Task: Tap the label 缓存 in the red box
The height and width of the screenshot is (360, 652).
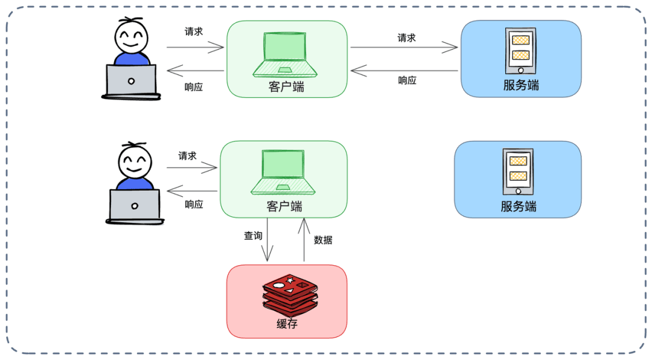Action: tap(287, 325)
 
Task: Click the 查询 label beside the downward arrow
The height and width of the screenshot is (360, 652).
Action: tap(253, 236)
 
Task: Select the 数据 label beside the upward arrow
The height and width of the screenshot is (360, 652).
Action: tap(323, 240)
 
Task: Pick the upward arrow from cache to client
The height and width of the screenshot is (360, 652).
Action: tap(304, 240)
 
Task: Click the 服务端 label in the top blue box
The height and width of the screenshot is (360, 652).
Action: tap(521, 85)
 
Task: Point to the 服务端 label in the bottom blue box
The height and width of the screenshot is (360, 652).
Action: tap(518, 207)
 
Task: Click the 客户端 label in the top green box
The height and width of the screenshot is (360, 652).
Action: tap(286, 86)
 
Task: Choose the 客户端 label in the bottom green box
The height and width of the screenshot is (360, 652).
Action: tap(284, 207)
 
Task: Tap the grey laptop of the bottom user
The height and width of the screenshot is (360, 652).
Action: tap(135, 205)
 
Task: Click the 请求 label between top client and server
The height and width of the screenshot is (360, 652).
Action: tap(406, 37)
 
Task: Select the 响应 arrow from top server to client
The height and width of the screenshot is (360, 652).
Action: tap(404, 71)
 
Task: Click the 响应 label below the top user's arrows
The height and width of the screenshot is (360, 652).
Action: tap(194, 87)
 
